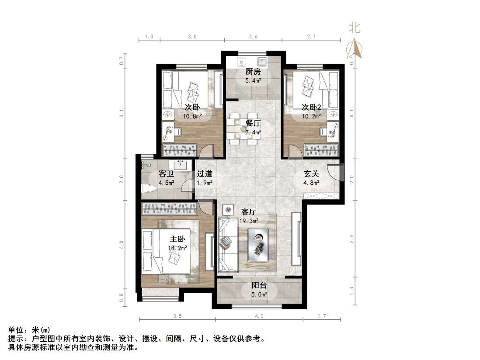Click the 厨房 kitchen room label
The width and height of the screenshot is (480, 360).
coord(253,72)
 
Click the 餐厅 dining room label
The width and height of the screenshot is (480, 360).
coord(253,123)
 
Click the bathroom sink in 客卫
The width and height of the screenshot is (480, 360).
coord(180,165)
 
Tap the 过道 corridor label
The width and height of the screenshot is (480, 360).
coord(204,173)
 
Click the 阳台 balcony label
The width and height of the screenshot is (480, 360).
coord(259,286)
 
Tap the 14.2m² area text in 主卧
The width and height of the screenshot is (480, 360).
coord(177,248)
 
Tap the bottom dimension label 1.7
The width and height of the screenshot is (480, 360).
coord(321,315)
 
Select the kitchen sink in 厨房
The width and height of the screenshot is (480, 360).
coord(262,62)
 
